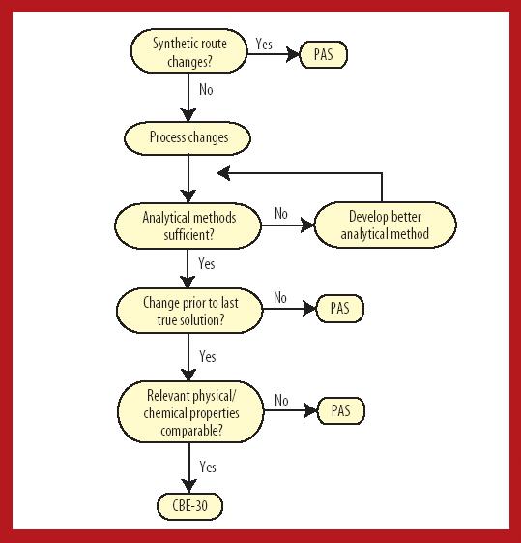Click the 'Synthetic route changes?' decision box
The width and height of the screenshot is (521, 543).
(x=188, y=52)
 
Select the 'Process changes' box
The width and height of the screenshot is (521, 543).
(x=188, y=137)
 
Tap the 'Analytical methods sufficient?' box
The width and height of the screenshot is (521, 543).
(x=188, y=226)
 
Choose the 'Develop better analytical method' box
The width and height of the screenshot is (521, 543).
(x=386, y=226)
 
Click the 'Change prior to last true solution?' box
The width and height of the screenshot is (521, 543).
(x=190, y=310)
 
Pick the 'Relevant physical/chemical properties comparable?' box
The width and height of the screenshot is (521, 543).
(x=189, y=410)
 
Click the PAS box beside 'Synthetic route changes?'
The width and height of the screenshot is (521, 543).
(x=323, y=54)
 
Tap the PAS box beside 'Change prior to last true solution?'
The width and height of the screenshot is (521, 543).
(x=339, y=310)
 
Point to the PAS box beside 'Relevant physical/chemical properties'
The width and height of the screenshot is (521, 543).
(x=339, y=410)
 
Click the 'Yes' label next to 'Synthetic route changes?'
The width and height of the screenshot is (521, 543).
(x=264, y=45)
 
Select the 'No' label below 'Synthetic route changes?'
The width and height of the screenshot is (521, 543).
(x=206, y=90)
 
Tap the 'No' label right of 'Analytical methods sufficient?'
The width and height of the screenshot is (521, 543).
(x=281, y=214)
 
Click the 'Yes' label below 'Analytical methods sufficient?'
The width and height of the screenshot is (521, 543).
(x=207, y=263)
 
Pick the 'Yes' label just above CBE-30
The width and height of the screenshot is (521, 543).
(x=207, y=467)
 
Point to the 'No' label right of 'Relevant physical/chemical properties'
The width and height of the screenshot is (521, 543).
(x=281, y=400)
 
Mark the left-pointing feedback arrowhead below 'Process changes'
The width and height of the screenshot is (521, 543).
(x=222, y=173)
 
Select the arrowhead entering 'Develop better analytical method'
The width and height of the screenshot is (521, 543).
(x=308, y=226)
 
